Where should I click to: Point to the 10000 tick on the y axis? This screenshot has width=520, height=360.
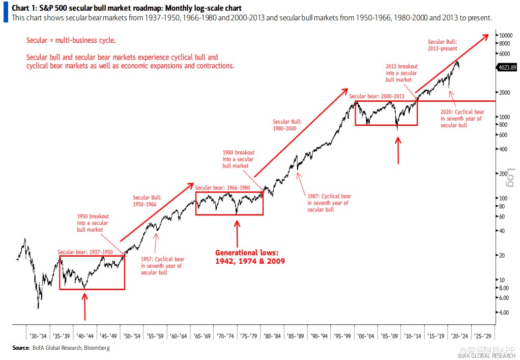point(506,35)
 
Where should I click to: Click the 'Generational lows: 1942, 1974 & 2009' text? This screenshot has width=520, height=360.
point(249,257)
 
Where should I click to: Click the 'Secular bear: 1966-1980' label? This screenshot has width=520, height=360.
point(222,187)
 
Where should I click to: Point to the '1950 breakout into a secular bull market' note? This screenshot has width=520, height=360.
point(93,223)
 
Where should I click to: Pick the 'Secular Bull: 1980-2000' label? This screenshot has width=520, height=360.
point(287,125)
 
